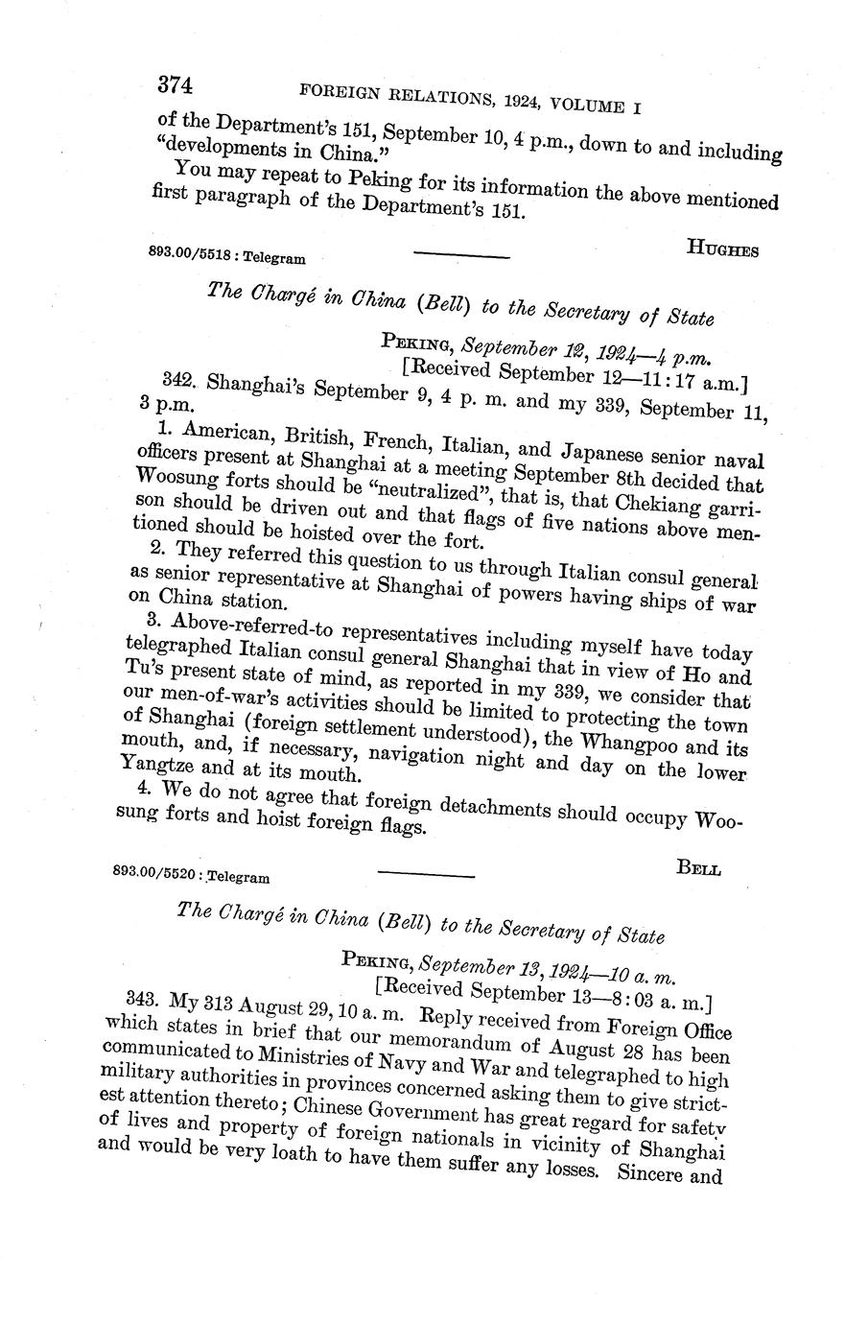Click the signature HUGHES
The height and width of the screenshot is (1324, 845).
click(723, 249)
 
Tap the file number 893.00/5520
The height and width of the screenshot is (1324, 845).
click(156, 874)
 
